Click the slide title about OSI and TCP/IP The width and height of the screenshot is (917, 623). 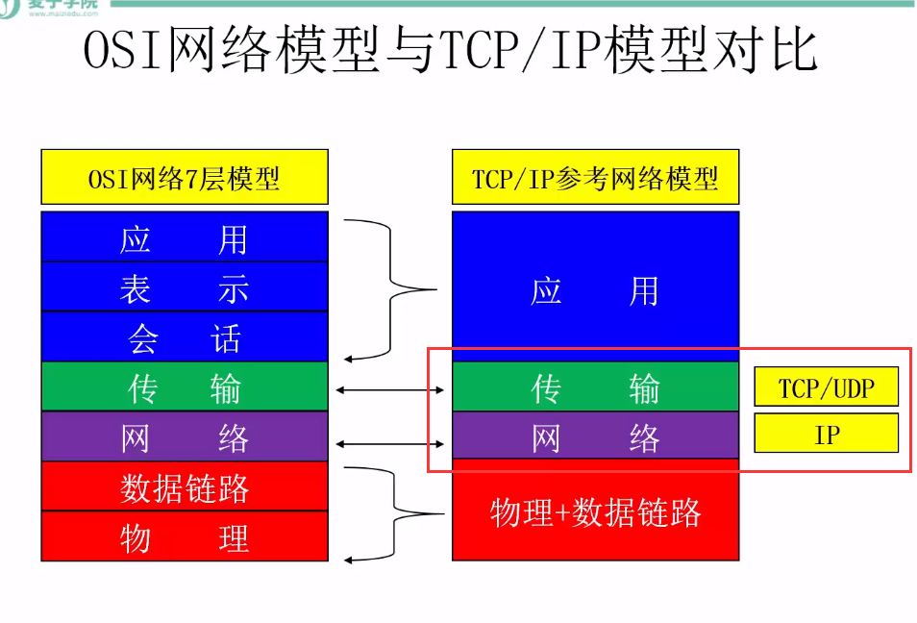click(450, 53)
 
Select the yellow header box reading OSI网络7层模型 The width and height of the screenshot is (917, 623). click(185, 178)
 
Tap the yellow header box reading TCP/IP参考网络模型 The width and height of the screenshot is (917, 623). click(595, 178)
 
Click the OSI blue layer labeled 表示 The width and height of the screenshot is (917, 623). click(185, 287)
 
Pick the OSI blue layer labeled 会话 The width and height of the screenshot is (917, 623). click(185, 337)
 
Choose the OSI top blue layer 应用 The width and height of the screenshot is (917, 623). click(185, 237)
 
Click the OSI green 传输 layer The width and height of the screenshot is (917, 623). click(185, 387)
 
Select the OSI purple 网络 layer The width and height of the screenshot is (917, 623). click(185, 437)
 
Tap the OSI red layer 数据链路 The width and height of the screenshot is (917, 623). click(185, 487)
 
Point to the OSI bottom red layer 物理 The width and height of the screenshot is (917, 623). click(185, 536)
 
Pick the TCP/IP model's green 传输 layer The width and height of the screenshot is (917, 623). click(595, 387)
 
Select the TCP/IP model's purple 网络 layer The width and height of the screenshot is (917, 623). click(595, 437)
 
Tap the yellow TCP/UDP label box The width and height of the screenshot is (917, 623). click(826, 387)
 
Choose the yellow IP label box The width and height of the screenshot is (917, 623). click(826, 434)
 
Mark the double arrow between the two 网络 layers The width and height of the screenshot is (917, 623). click(390, 444)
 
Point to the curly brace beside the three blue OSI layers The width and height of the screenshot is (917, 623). click(390, 288)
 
